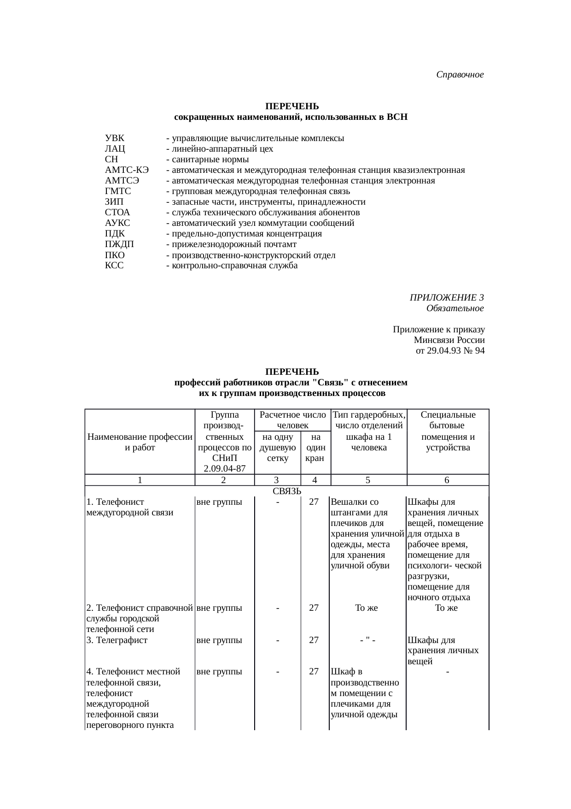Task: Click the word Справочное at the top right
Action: pyautogui.click(x=460, y=75)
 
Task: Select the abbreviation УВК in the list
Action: pyautogui.click(x=115, y=138)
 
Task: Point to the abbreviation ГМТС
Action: pyautogui.click(x=118, y=191)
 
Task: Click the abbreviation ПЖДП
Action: pyautogui.click(x=119, y=244)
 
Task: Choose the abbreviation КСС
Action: pyautogui.click(x=114, y=266)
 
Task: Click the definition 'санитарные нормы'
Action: pyautogui.click(x=210, y=159)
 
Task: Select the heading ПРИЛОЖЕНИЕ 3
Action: pyautogui.click(x=446, y=297)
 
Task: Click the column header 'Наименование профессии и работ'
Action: pyautogui.click(x=140, y=442)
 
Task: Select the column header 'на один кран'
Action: pyautogui.click(x=315, y=447)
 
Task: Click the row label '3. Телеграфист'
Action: pyautogui.click(x=117, y=640)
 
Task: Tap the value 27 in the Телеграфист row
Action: pyautogui.click(x=314, y=640)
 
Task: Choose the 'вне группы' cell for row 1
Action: pyautogui.click(x=219, y=502)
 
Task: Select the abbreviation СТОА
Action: pyautogui.click(x=117, y=213)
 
